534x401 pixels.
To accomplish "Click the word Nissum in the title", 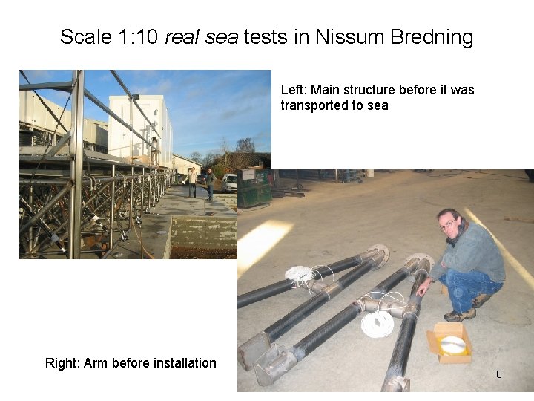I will (x=348, y=36).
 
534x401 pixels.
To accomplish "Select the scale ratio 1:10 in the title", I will (x=138, y=36).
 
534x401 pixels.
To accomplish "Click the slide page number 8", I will (x=498, y=374).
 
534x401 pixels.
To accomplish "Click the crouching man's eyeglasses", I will (x=449, y=224).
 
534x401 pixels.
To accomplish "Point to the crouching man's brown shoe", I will (x=460, y=315).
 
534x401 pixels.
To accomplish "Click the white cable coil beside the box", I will (x=378, y=323).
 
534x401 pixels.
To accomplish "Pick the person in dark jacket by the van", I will (x=210, y=183).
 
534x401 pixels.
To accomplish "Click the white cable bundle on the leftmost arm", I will (x=301, y=275).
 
